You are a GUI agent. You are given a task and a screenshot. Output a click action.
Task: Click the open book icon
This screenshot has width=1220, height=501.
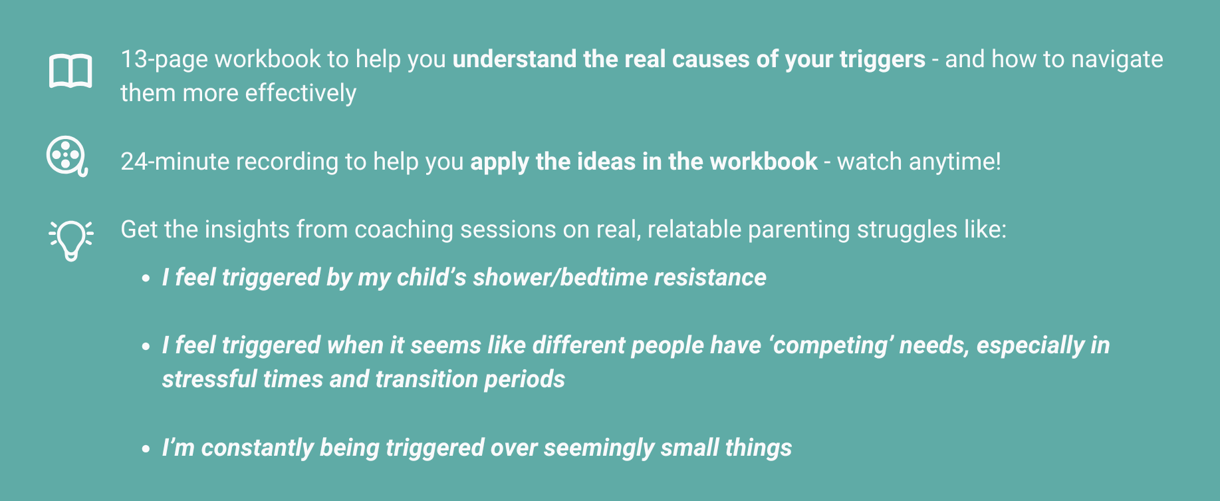[x=70, y=71]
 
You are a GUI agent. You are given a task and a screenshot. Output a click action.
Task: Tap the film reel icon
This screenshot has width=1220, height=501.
[x=66, y=156]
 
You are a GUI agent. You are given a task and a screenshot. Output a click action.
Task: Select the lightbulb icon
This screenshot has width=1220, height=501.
[x=71, y=240]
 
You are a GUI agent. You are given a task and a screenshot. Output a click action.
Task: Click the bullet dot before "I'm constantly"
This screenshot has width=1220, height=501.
[x=146, y=449]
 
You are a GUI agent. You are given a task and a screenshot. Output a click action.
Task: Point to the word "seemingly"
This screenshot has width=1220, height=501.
[x=598, y=448]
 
